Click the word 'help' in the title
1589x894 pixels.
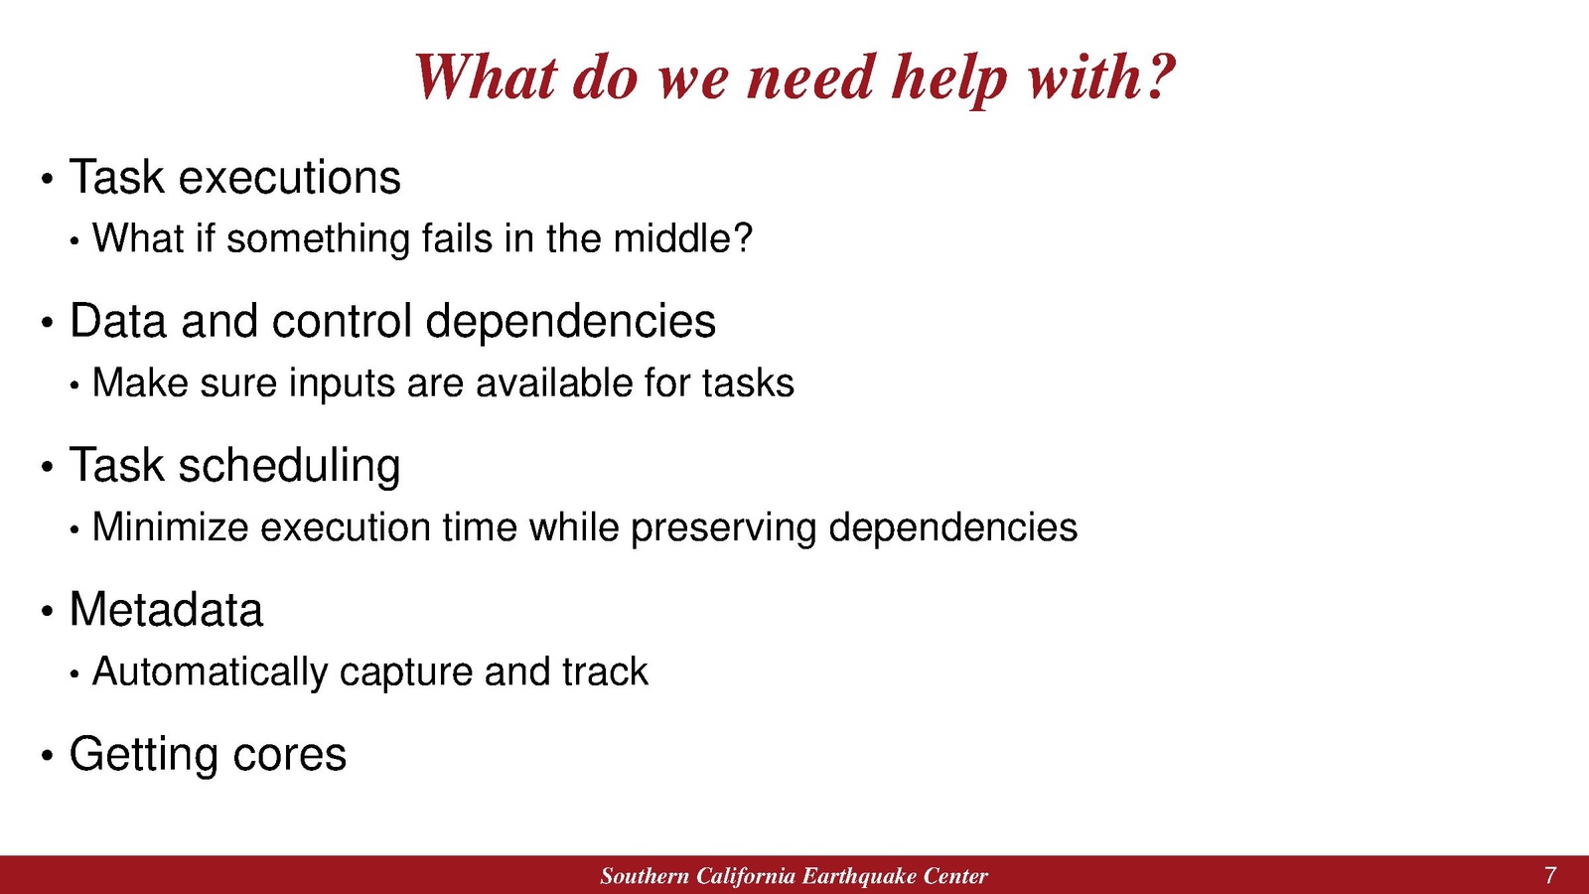click(949, 79)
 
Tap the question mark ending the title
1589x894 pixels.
click(1157, 75)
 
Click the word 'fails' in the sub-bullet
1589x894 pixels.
click(457, 237)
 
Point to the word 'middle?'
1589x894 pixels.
click(682, 237)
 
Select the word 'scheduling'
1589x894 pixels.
click(289, 467)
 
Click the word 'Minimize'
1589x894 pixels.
click(170, 527)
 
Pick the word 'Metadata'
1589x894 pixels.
click(166, 610)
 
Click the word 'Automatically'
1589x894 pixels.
click(210, 671)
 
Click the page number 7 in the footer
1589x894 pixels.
click(1550, 875)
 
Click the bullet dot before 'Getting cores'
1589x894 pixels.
click(47, 755)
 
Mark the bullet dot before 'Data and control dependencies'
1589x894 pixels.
click(47, 323)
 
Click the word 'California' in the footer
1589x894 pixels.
click(745, 876)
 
